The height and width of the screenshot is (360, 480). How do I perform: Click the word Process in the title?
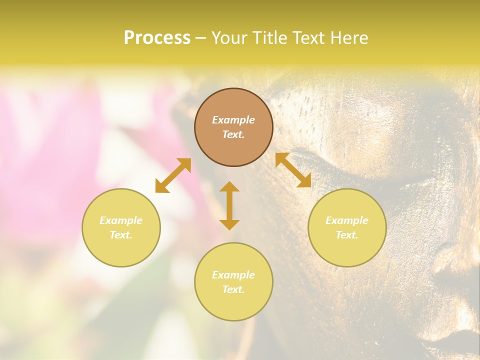coord(157,38)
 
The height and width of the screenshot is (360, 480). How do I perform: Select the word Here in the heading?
coord(348,38)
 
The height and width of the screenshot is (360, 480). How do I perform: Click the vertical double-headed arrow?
coord(229,205)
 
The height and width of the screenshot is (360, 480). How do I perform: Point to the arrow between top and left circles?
coord(173,175)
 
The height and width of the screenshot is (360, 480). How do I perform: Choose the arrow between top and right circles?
coord(293,170)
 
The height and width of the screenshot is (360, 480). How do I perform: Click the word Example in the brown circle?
coord(233,120)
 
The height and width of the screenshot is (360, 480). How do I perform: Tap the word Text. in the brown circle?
coord(233,134)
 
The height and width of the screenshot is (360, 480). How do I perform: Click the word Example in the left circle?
coord(121,220)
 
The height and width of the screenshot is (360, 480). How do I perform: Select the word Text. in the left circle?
coord(121,235)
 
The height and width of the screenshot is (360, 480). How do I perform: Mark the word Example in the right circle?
coord(347,220)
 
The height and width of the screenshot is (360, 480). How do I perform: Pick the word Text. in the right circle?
coord(347,235)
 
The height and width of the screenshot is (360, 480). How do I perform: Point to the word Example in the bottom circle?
coord(233,275)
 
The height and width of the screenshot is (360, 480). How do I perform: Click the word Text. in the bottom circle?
coord(233,289)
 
